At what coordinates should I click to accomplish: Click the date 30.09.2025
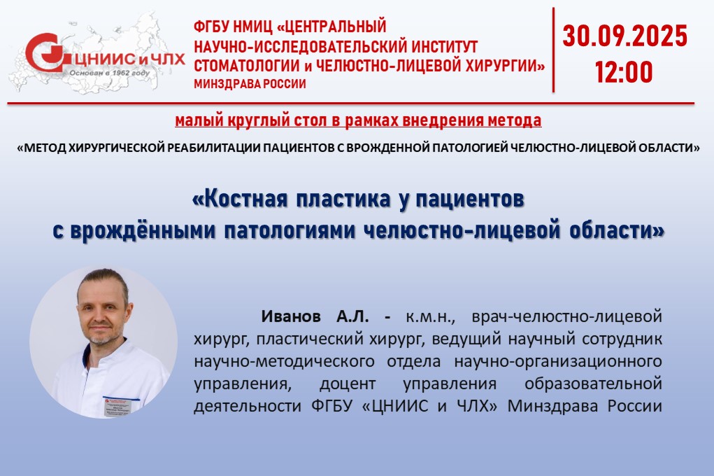tap(624, 36)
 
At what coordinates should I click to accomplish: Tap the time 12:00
tap(624, 72)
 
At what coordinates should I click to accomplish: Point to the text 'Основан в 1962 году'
tap(109, 73)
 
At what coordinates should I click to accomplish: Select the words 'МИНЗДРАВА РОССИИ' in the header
tap(250, 84)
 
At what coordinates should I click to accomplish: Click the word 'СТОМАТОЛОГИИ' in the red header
tap(246, 66)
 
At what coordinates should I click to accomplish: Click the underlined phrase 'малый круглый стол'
tap(252, 120)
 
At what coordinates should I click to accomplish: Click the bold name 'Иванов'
tap(290, 316)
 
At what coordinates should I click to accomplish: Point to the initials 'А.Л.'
tap(352, 316)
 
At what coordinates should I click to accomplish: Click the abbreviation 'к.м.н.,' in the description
tap(430, 316)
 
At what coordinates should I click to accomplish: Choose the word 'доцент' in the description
tap(348, 384)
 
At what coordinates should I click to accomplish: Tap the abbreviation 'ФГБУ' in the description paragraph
tap(332, 405)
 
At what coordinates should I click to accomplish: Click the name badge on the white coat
tap(117, 407)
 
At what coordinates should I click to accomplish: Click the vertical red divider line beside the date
tap(553, 50)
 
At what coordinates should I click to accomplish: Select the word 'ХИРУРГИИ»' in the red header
tap(504, 66)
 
